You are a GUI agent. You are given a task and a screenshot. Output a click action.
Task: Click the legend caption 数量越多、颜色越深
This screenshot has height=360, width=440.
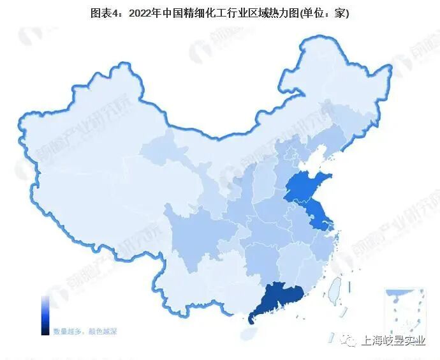pos(85,332)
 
